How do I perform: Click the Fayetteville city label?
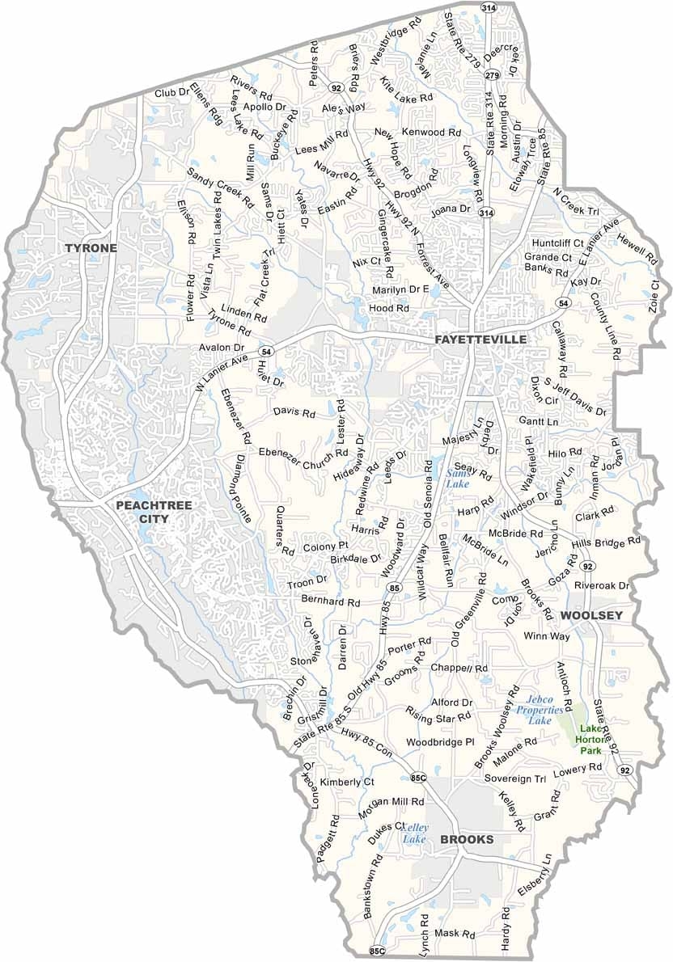[x=480, y=340]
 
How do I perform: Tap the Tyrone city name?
[x=91, y=248]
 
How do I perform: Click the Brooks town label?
[x=467, y=840]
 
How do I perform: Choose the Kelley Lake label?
[x=415, y=834]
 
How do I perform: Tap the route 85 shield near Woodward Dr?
[x=393, y=587]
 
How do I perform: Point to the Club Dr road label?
[x=171, y=94]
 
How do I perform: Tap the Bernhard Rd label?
[x=330, y=602]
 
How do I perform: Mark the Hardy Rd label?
[x=506, y=928]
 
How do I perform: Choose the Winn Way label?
[x=547, y=636]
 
